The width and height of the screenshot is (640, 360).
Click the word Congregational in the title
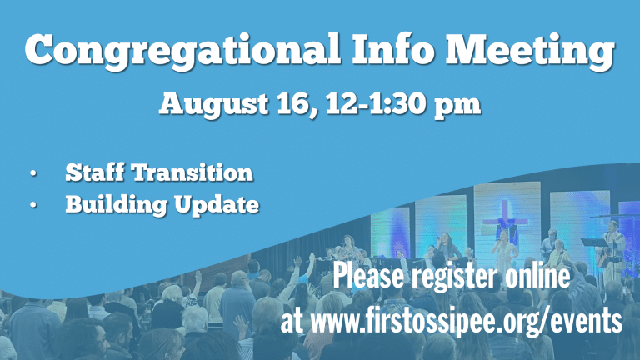[182, 50]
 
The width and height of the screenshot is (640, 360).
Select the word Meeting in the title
[529, 50]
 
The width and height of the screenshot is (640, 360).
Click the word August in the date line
[213, 105]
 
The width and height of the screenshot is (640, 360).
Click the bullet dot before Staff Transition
[33, 173]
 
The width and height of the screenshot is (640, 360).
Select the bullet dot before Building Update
[33, 205]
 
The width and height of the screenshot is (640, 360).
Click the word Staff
[95, 172]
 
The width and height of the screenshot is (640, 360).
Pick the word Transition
[192, 172]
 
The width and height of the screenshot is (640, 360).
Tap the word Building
[116, 204]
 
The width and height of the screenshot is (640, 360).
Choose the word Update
[217, 204]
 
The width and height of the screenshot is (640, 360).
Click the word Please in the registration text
[368, 276]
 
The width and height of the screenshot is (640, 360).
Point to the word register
[455, 277]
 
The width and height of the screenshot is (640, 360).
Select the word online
[537, 276]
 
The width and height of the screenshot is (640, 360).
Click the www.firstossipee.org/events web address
[467, 320]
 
